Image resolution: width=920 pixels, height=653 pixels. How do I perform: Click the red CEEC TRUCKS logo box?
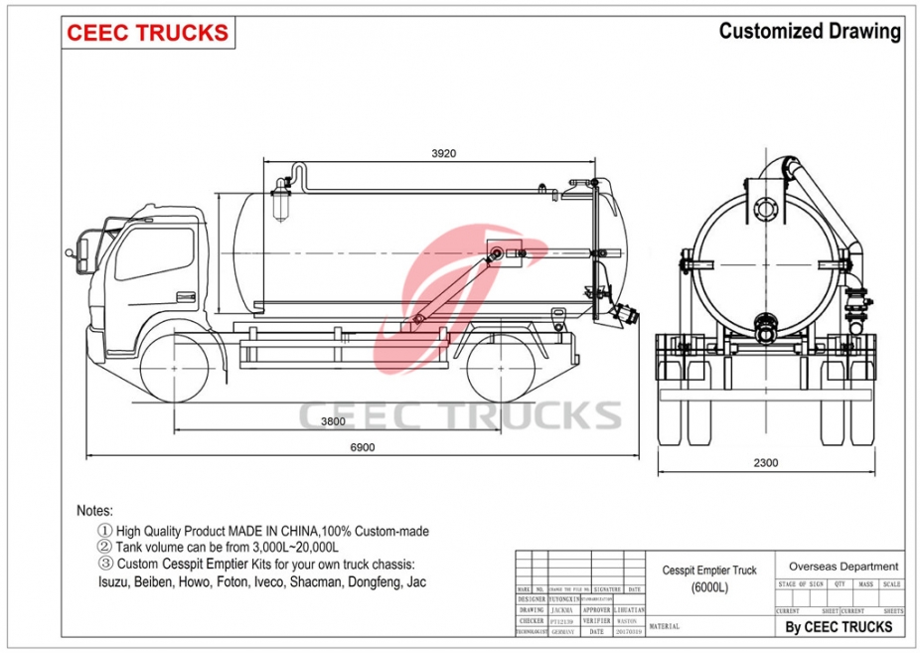(147, 33)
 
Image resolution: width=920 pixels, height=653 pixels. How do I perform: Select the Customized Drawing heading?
(809, 31)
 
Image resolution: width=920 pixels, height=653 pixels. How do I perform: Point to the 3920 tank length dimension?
(443, 153)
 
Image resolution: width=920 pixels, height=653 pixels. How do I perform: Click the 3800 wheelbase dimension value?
(333, 421)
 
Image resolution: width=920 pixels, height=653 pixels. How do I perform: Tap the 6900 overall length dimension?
(362, 448)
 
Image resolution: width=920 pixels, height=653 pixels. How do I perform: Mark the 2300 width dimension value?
(765, 462)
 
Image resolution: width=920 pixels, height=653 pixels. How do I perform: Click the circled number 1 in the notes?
(104, 532)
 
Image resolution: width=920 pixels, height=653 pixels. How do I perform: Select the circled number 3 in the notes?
(104, 565)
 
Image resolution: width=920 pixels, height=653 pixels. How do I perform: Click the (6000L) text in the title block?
(709, 587)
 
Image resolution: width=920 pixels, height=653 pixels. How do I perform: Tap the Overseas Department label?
(843, 567)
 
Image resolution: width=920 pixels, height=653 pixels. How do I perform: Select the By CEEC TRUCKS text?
(839, 626)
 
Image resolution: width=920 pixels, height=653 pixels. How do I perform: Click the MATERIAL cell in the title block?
(665, 627)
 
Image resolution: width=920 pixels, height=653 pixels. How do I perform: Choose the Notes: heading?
(95, 510)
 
